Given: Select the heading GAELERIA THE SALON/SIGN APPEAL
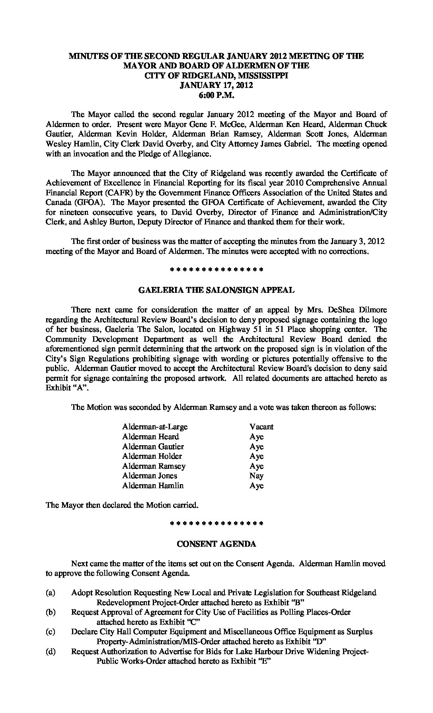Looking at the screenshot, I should (x=216, y=290).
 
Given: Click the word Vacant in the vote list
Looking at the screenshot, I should (x=261, y=427).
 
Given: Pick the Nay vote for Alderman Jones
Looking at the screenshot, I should (x=257, y=476).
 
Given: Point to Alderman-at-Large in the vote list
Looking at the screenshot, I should (x=155, y=427).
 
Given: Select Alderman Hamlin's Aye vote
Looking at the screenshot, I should (x=257, y=486).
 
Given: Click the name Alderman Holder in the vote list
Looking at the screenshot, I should (x=152, y=456).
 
